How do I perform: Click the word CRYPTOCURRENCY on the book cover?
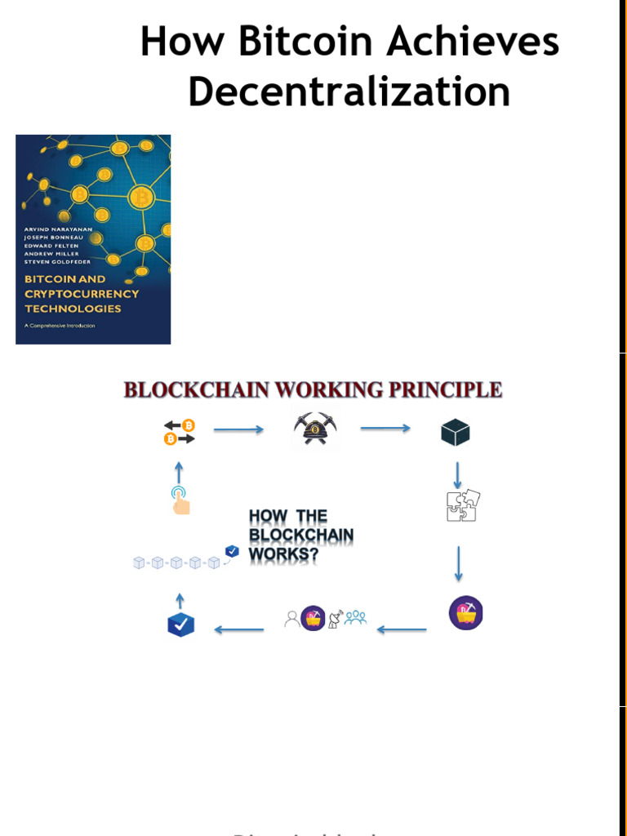[82, 294]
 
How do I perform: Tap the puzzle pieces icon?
[463, 506]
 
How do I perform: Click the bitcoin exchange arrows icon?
[180, 432]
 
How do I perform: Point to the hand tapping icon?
[180, 500]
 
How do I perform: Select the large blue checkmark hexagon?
[180, 625]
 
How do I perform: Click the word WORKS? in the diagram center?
[283, 554]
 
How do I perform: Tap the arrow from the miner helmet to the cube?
[385, 429]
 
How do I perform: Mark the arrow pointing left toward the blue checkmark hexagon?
[238, 629]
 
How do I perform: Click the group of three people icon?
[355, 618]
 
